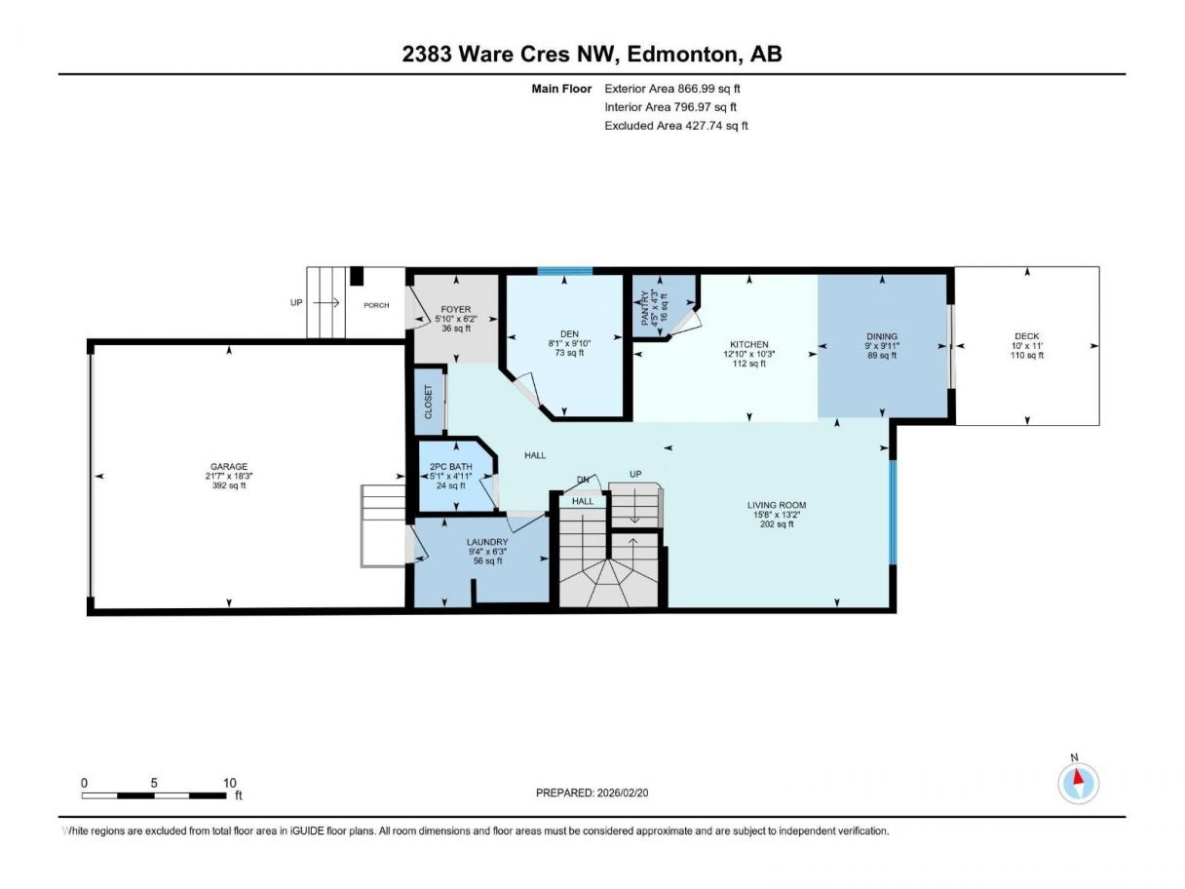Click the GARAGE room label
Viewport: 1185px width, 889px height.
pos(229,466)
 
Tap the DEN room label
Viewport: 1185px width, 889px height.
pos(569,334)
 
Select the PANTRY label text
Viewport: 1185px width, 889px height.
pos(644,308)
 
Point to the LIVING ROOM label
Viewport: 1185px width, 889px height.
pos(777,505)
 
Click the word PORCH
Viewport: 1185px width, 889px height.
pos(376,305)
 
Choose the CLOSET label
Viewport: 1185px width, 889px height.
pos(429,402)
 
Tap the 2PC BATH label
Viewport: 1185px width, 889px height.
pos(451,466)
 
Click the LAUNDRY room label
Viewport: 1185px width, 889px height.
pos(487,542)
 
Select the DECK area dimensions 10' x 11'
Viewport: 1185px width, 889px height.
pos(1027,345)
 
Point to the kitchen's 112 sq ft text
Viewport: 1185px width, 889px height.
pos(748,364)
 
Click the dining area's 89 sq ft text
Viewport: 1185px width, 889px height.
pos(882,355)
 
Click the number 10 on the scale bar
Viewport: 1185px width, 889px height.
pos(229,783)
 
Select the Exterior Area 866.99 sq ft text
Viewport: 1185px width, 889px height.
pos(672,89)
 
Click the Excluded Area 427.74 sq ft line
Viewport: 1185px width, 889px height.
pos(676,126)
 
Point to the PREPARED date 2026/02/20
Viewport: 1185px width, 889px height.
pos(623,792)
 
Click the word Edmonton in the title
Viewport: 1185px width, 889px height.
pos(682,55)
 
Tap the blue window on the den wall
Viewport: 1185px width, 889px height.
pos(564,271)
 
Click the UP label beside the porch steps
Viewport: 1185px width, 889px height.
pos(296,302)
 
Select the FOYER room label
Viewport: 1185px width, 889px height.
pos(456,309)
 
